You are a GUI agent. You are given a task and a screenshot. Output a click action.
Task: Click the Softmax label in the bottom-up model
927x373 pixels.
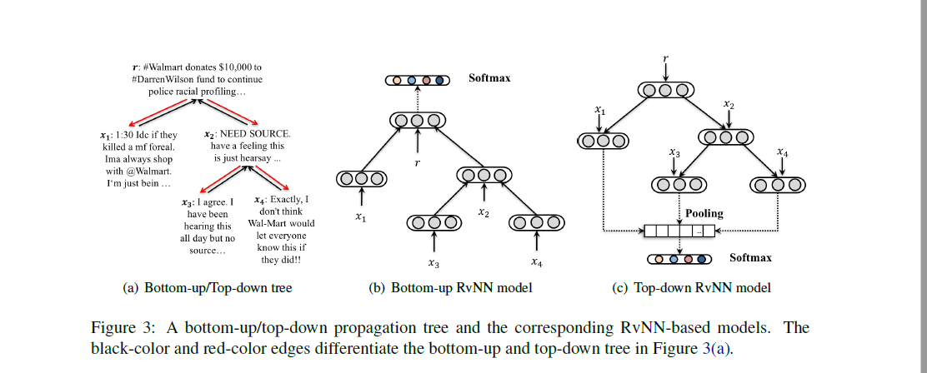[x=489, y=78]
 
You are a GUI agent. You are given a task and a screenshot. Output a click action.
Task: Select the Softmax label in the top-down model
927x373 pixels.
[x=750, y=258]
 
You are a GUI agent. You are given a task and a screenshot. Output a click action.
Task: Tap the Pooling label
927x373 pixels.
[x=704, y=214]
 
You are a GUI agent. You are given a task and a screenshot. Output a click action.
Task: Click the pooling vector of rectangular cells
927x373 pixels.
[x=679, y=231]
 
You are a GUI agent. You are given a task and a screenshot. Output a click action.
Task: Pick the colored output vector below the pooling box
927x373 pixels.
[x=679, y=259]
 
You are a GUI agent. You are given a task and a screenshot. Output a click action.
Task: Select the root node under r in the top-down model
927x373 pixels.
[x=664, y=90]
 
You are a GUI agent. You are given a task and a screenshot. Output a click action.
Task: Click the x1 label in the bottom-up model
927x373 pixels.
[x=360, y=217]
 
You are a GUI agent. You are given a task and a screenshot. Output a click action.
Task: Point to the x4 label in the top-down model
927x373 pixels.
[x=781, y=152]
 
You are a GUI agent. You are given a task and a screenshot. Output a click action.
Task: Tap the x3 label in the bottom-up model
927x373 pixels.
[x=433, y=263]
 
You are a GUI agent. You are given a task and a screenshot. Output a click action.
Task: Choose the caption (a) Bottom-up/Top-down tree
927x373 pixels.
[x=208, y=288]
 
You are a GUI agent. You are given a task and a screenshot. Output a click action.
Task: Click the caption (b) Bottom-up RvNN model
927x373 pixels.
[x=450, y=288]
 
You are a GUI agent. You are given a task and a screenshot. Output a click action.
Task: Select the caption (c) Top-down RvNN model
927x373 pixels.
[x=691, y=288]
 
